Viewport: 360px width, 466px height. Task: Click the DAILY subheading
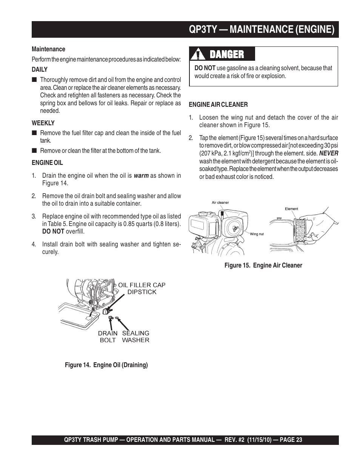click(x=40, y=69)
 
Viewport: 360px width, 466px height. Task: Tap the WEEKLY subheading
click(x=43, y=123)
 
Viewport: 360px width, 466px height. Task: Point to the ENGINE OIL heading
click(x=47, y=163)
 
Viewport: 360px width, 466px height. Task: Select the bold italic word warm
click(x=141, y=176)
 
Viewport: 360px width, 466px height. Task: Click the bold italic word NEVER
click(x=329, y=153)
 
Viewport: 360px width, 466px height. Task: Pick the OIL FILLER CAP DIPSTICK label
click(x=142, y=289)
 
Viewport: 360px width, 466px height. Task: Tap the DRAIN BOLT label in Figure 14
click(x=108, y=337)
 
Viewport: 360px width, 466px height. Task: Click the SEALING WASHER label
click(x=135, y=337)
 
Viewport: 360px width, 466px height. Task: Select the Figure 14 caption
click(x=106, y=365)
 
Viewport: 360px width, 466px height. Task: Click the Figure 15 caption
click(x=263, y=265)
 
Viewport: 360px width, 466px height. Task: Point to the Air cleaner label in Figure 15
click(x=220, y=203)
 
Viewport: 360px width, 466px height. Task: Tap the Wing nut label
click(x=257, y=234)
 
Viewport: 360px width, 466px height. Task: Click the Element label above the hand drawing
click(x=291, y=209)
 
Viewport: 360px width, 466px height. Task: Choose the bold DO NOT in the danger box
click(x=205, y=68)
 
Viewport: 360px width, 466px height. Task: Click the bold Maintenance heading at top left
click(x=48, y=49)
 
